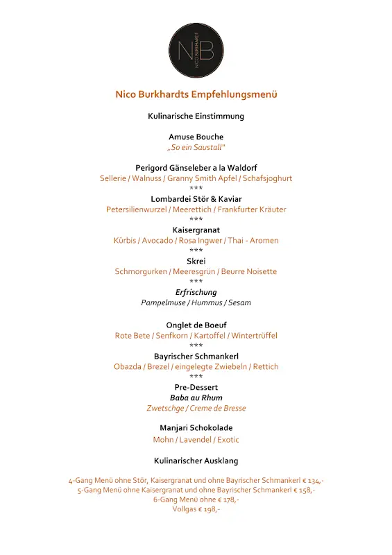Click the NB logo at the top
196,50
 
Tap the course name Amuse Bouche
196,137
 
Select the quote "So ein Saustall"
196,148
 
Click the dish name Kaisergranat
196,230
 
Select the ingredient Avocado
157,241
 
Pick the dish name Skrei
196,261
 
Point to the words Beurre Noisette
249,271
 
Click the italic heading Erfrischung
196,292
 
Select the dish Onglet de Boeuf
196,325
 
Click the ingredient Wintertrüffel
255,336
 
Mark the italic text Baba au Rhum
196,398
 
